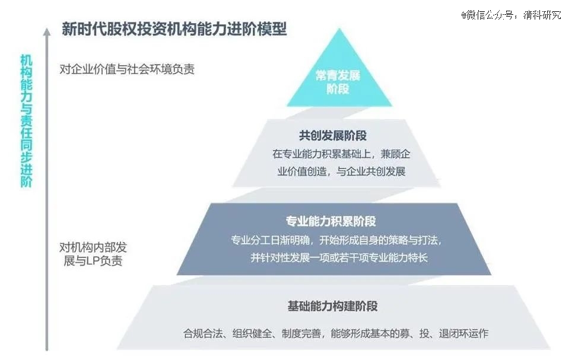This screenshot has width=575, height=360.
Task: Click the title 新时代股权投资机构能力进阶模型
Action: pyautogui.click(x=174, y=29)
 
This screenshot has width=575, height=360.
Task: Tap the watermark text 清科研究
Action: pyautogui.click(x=542, y=15)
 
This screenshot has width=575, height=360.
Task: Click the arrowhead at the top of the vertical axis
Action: pyautogui.click(x=46, y=32)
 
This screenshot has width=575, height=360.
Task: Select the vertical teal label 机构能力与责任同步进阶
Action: pyautogui.click(x=26, y=120)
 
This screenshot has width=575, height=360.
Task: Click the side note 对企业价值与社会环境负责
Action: pyautogui.click(x=127, y=69)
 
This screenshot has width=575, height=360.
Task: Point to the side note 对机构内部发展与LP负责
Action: pyautogui.click(x=93, y=254)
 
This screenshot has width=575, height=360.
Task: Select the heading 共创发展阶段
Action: pyautogui.click(x=333, y=136)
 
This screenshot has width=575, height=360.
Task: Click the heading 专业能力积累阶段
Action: pyautogui.click(x=331, y=221)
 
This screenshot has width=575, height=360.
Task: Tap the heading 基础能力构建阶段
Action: pyautogui.click(x=333, y=306)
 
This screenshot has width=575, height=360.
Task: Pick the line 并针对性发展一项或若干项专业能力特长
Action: pyautogui.click(x=339, y=257)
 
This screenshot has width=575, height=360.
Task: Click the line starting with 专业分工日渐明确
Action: pyautogui.click(x=336, y=240)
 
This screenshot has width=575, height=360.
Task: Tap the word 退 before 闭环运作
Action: pyautogui.click(x=444, y=333)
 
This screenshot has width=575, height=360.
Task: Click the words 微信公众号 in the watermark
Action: pyautogui.click(x=490, y=15)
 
